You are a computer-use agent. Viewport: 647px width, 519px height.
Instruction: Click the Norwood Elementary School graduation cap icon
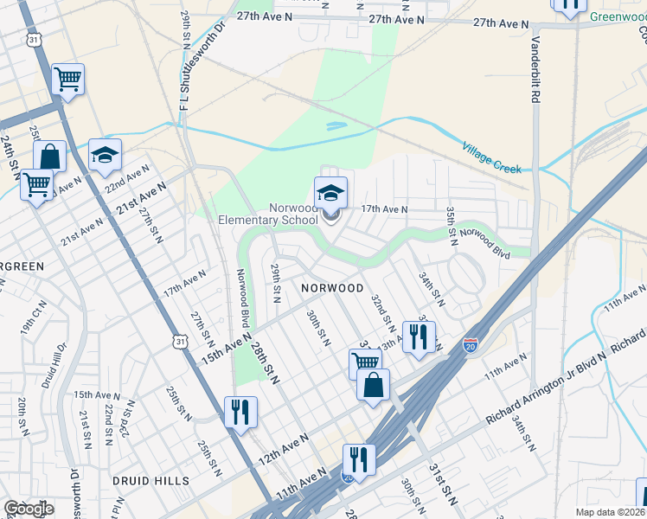(330, 193)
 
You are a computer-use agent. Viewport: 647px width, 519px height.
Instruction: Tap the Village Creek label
(492, 157)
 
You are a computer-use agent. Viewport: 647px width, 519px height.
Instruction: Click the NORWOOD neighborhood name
(332, 287)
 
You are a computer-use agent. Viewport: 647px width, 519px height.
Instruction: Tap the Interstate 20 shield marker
(471, 345)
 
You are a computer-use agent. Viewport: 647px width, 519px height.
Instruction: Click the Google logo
(29, 509)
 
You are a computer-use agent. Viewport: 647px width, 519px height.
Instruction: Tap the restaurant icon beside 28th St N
(240, 410)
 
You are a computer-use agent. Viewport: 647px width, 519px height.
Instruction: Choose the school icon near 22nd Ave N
(105, 156)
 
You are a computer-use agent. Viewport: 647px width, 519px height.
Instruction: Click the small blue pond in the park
(336, 127)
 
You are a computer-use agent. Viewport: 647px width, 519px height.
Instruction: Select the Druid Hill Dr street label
(59, 364)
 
